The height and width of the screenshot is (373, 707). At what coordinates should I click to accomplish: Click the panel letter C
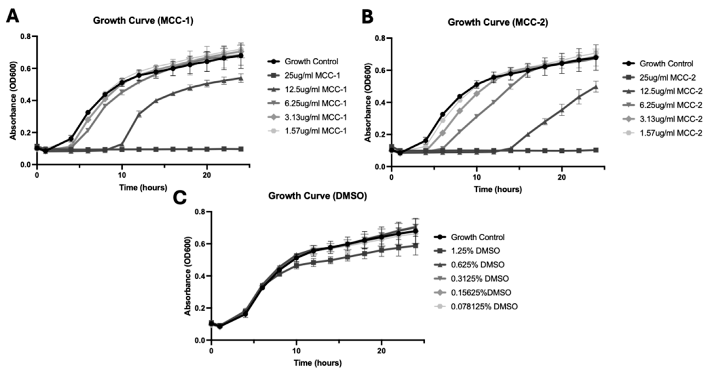coord(180,197)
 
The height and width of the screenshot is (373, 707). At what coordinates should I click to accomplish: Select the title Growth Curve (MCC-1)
coord(143,21)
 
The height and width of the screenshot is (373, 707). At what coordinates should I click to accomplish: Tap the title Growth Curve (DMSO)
coord(317,196)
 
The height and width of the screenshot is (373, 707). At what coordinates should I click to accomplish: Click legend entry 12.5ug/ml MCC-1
coord(316,89)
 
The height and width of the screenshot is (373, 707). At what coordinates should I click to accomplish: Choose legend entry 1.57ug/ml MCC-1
coord(316,131)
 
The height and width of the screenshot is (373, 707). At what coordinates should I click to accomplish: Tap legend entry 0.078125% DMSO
coord(484,306)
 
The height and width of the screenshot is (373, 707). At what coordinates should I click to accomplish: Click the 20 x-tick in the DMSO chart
coord(382,351)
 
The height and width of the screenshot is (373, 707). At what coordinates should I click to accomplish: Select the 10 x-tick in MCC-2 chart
coord(477,177)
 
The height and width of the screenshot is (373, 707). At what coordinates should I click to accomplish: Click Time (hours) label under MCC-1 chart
coord(143,188)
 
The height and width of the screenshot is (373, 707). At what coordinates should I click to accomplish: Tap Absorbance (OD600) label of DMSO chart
coord(188,276)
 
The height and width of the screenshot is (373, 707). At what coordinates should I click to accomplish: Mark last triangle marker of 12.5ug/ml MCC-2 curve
coord(596,87)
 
